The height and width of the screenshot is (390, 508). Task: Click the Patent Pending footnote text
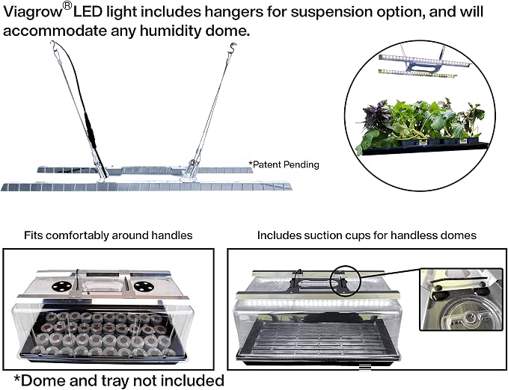[284, 164]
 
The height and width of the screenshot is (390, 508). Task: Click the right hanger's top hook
[232, 47]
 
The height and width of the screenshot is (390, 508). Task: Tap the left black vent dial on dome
[61, 286]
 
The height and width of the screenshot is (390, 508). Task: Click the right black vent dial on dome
[144, 286]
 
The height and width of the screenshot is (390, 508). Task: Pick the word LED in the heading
[88, 12]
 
